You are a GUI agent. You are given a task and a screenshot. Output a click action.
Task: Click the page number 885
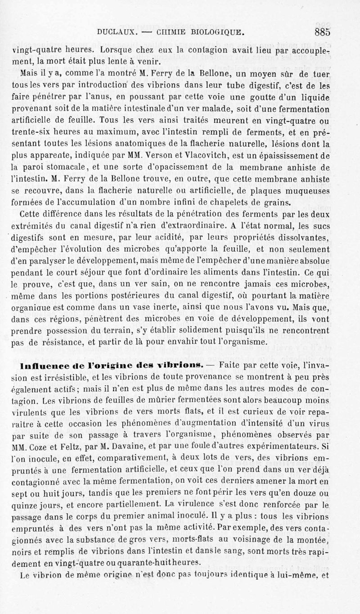click(323, 32)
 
